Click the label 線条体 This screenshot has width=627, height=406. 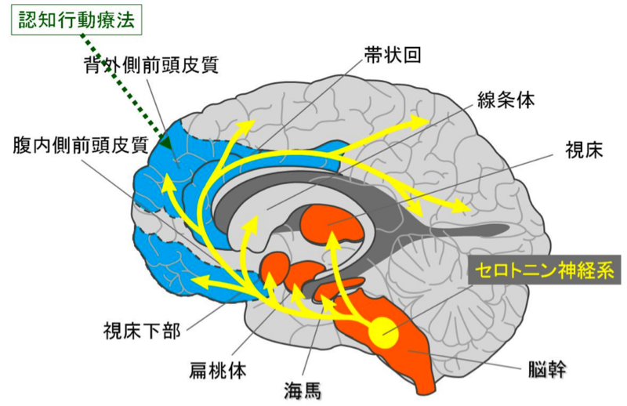pos(506,100)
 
